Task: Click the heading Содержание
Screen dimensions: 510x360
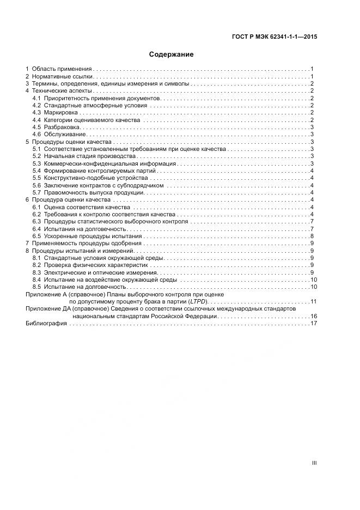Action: click(172, 54)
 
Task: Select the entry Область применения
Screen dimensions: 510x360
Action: click(62, 69)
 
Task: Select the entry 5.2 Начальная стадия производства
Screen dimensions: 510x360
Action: click(82, 156)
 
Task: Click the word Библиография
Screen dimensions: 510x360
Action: click(46, 323)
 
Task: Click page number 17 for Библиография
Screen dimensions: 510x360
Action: click(314, 323)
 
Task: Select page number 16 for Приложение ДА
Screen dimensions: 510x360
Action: click(314, 316)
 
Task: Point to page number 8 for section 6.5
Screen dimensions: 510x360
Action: click(312, 236)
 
